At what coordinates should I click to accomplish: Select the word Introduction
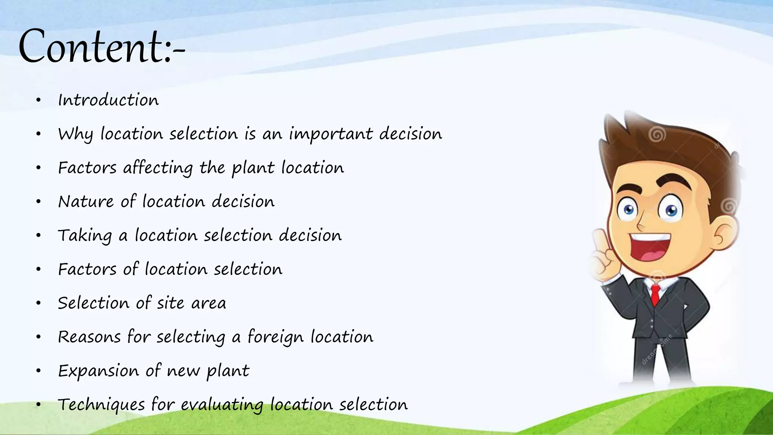click(x=108, y=100)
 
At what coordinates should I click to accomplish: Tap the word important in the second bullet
click(x=331, y=134)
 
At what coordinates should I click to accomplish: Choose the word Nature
click(x=86, y=202)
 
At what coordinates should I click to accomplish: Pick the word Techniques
click(x=101, y=405)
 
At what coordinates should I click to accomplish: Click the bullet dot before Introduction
click(x=38, y=100)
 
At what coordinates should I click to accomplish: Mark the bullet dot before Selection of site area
click(x=38, y=303)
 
